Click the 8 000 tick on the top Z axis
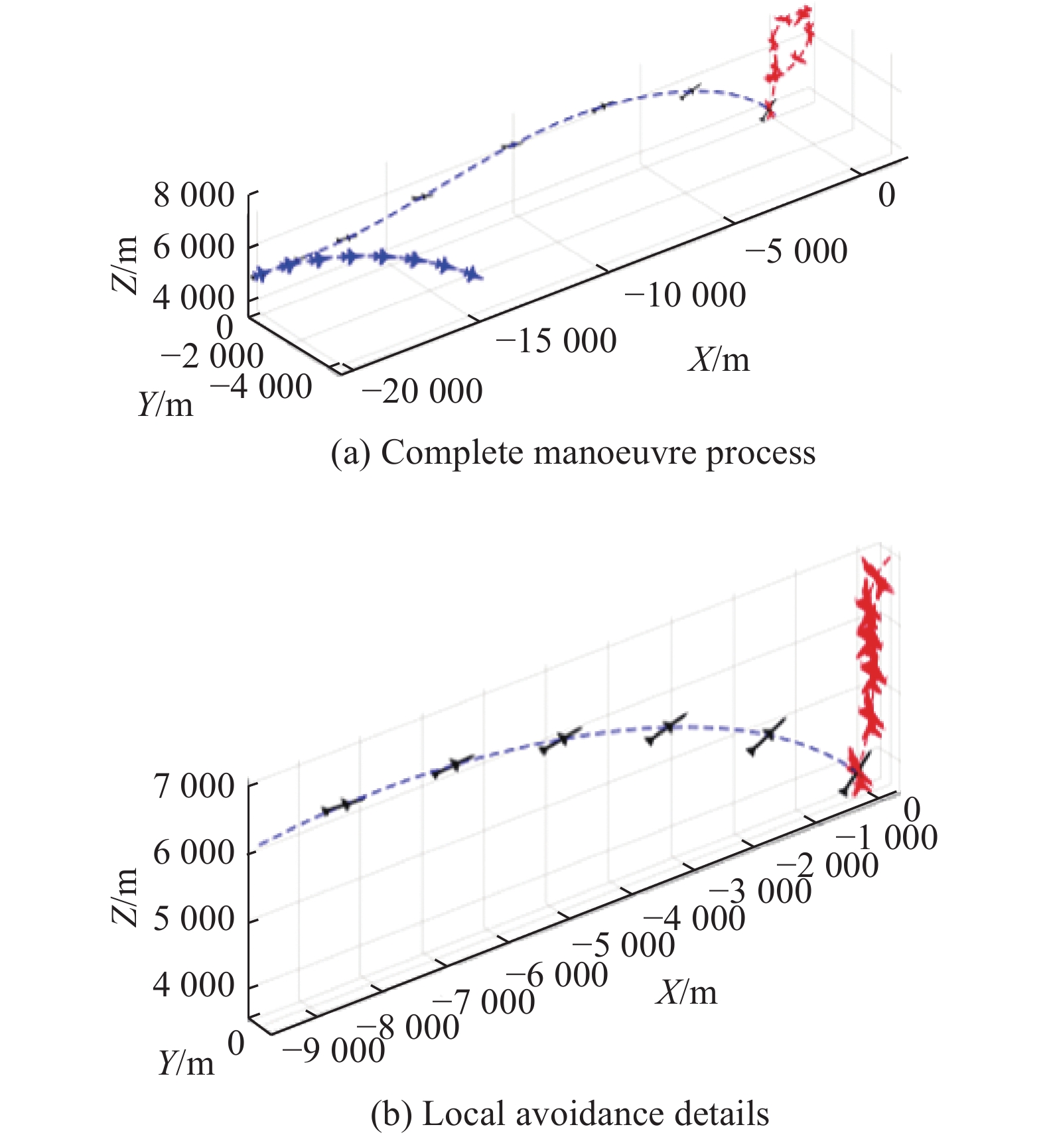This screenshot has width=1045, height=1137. (x=194, y=196)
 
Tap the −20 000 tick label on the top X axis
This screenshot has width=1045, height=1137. (x=422, y=391)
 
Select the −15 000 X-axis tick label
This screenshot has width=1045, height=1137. (x=556, y=342)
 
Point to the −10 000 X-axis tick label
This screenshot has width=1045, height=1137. (x=685, y=295)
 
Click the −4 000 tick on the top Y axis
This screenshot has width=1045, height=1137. (x=261, y=387)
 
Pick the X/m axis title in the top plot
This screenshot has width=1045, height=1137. (x=719, y=360)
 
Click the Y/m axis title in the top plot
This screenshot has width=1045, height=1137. (x=165, y=404)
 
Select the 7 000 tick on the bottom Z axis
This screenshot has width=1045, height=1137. (x=194, y=786)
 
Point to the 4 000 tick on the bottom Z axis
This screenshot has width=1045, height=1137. (x=194, y=985)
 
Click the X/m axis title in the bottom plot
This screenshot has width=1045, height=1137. (x=687, y=994)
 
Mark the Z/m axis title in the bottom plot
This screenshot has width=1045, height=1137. (x=124, y=897)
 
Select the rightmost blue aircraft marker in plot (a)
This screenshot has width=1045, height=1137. (x=472, y=273)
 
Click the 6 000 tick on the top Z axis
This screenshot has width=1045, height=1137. (x=194, y=247)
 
